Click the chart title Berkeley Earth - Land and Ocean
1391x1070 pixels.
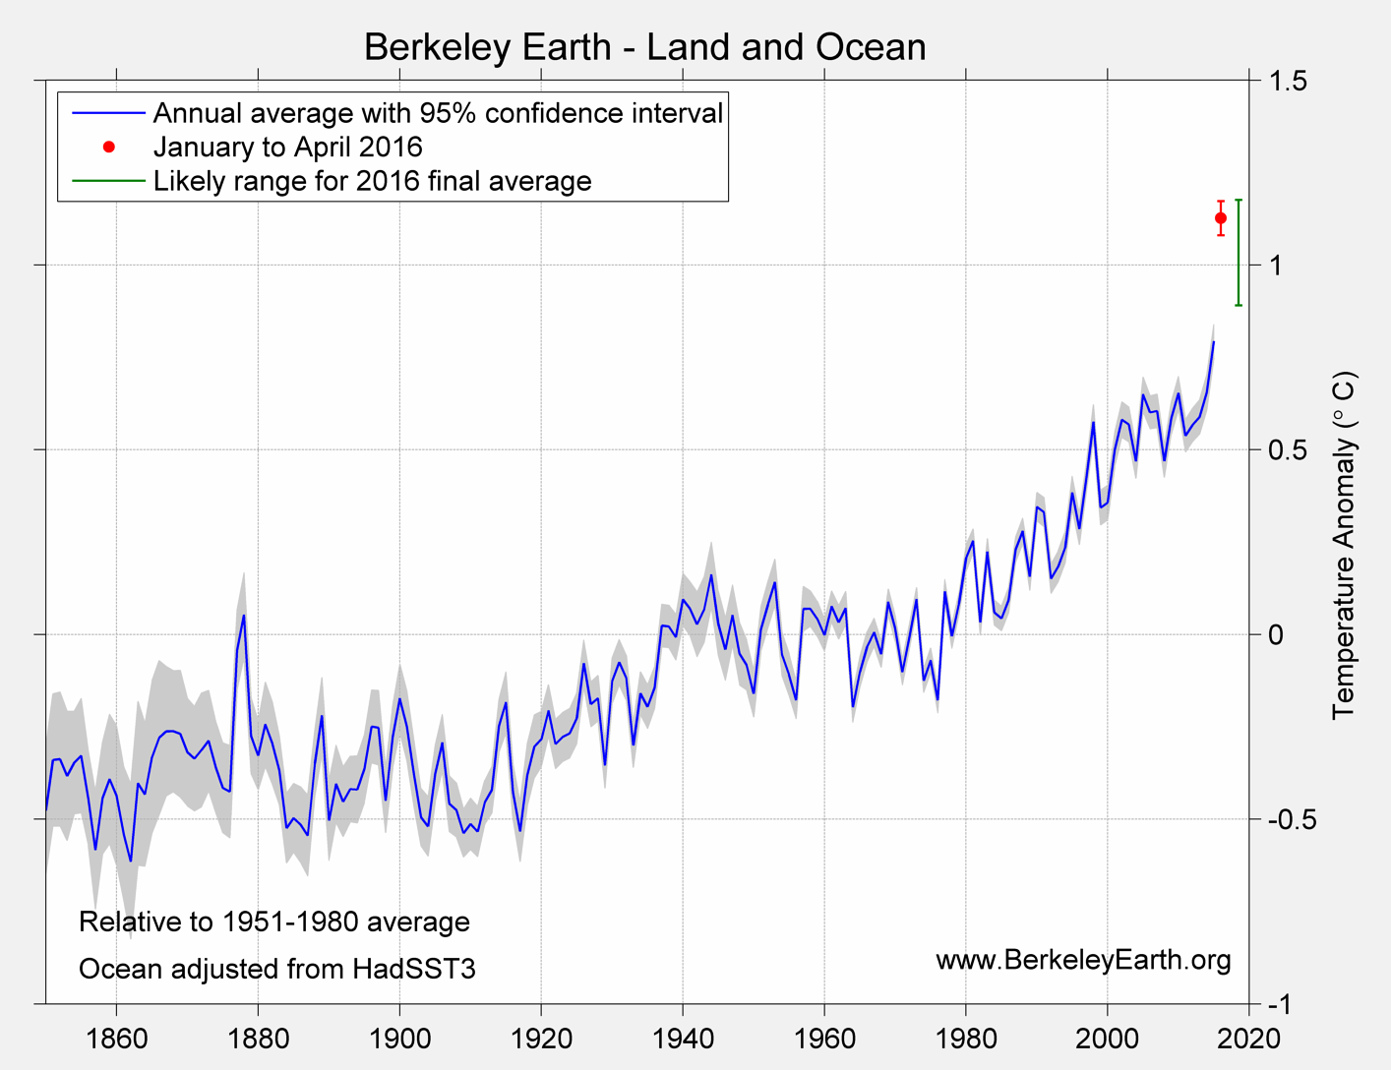[644, 47]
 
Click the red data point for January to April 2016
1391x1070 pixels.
[1221, 218]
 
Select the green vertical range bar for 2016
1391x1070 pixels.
[1239, 253]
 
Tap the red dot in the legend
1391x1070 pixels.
[109, 148]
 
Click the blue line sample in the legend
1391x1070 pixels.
[108, 113]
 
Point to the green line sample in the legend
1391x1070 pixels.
[108, 181]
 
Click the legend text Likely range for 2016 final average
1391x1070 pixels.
[372, 181]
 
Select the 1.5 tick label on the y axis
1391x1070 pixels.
[1287, 81]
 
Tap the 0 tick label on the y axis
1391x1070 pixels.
[1275, 634]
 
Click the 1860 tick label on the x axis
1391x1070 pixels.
[117, 1039]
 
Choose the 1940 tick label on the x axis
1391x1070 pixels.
[683, 1039]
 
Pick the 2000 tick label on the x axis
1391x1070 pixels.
[1108, 1039]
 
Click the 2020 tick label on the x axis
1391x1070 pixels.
[1249, 1039]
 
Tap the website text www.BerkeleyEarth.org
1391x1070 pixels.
[1083, 960]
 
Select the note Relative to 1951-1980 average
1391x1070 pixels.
[273, 922]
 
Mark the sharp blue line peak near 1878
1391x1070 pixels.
[244, 616]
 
